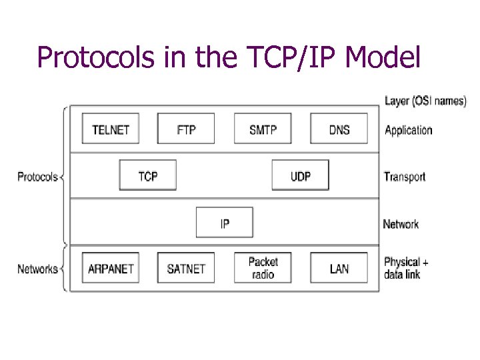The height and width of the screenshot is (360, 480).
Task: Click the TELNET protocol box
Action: (x=111, y=129)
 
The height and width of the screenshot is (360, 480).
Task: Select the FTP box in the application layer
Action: (x=186, y=129)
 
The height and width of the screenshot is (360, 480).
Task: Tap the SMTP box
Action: (x=263, y=129)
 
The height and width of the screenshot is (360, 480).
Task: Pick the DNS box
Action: (x=339, y=129)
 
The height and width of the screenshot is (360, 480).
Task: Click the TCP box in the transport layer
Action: (x=148, y=175)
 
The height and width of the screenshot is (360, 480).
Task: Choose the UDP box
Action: (x=300, y=175)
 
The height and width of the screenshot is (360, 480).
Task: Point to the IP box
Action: (x=225, y=223)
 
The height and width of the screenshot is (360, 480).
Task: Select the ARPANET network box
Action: (x=111, y=268)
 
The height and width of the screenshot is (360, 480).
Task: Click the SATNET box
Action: (x=186, y=268)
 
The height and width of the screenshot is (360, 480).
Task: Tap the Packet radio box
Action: (x=263, y=268)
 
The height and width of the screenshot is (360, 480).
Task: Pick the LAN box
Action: (x=339, y=268)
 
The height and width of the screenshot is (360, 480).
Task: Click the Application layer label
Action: (x=408, y=130)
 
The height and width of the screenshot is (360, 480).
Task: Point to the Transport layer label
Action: (x=404, y=177)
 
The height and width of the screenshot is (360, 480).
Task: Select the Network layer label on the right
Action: (x=401, y=224)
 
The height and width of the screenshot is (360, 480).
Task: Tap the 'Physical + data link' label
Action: (x=406, y=268)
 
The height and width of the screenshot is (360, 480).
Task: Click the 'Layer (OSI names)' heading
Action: (x=425, y=101)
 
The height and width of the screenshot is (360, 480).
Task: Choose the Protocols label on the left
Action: (x=38, y=177)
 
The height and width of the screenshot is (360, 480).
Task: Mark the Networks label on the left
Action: (x=37, y=269)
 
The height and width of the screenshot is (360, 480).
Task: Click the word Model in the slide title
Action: (x=384, y=58)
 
